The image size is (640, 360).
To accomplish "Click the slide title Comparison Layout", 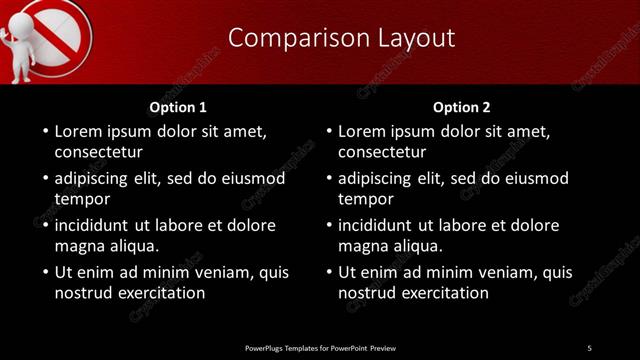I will click(x=341, y=38).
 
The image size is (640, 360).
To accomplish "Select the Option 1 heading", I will click(x=178, y=107).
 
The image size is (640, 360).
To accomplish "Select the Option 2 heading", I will click(x=462, y=107).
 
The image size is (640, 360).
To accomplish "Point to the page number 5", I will click(x=590, y=348).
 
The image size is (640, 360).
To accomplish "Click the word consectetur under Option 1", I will click(x=98, y=153).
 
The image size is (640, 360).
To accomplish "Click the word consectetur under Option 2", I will click(x=382, y=153).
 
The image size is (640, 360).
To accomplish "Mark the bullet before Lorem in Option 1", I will click(x=45, y=131).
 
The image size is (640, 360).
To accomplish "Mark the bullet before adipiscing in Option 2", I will click(x=329, y=178).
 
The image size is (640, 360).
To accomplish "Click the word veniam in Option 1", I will click(x=205, y=271).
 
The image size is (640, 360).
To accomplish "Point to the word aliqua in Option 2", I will click(x=419, y=246).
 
